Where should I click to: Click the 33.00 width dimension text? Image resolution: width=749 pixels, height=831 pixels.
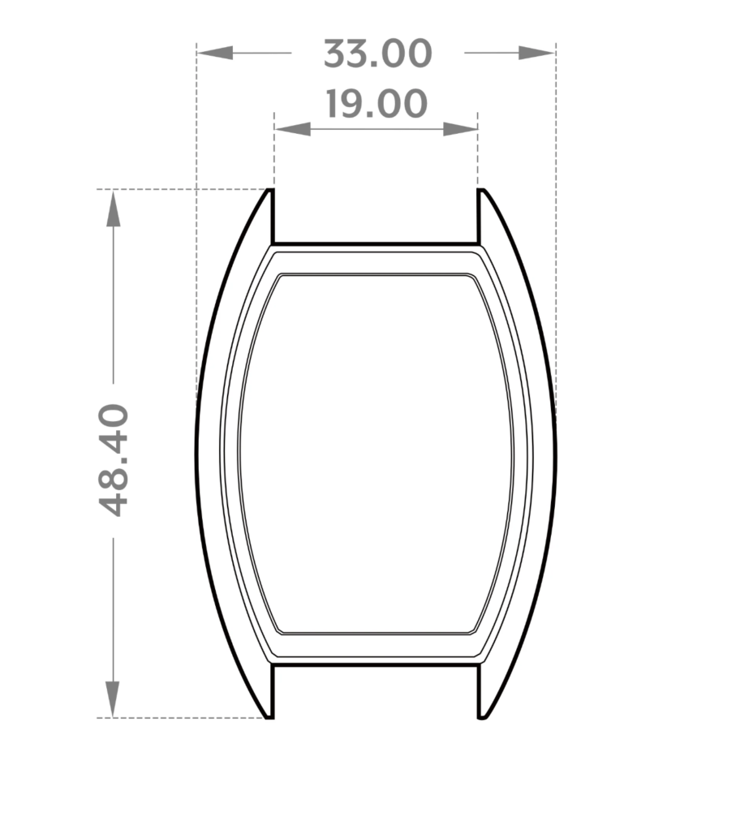[x=377, y=54]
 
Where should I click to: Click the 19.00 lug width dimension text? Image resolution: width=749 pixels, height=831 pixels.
[x=376, y=103]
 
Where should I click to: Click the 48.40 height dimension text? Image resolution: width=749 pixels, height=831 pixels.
[x=114, y=459]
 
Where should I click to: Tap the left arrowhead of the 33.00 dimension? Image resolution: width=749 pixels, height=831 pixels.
[x=215, y=53]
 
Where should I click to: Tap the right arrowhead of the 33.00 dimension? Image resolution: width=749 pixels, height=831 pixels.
[x=536, y=53]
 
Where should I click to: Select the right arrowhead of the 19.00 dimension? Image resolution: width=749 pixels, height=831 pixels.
[x=459, y=129]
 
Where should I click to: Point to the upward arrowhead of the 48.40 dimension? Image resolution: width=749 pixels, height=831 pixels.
[x=113, y=209]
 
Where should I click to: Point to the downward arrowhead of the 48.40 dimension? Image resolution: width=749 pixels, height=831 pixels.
[x=112, y=699]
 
